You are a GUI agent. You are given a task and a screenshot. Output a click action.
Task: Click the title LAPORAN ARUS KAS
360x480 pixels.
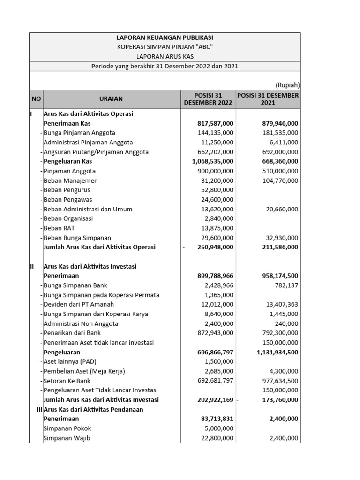coord(165,56)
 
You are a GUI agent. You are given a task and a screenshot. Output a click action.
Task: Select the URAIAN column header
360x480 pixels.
coord(111,99)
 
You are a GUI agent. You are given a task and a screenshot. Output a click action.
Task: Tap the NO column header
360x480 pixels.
coord(36,99)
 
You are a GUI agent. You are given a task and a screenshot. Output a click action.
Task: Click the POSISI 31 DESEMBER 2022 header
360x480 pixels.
coord(208,99)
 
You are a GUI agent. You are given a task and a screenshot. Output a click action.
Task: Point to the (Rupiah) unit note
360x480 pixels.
coord(288,85)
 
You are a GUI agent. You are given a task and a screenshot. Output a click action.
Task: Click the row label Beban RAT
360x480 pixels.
coord(59,228)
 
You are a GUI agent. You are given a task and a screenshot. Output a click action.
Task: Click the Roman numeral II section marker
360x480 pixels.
coord(32,266)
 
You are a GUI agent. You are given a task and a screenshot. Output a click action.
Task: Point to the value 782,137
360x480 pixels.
coord(286,285)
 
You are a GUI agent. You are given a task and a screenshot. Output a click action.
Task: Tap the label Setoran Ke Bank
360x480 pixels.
coord(67,381)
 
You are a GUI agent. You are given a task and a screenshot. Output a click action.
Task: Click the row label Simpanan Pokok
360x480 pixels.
coord(67,428)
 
